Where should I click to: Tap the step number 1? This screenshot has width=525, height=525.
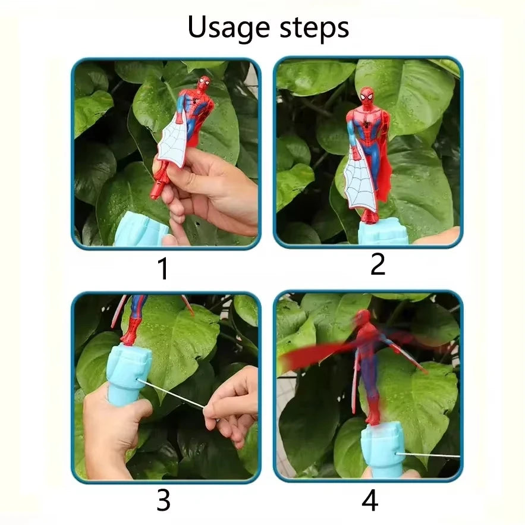[162, 269]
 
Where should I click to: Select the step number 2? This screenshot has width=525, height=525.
[378, 264]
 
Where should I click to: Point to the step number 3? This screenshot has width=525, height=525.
[163, 501]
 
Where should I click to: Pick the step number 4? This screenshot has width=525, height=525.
[370, 501]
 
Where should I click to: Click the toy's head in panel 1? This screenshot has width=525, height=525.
[203, 84]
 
